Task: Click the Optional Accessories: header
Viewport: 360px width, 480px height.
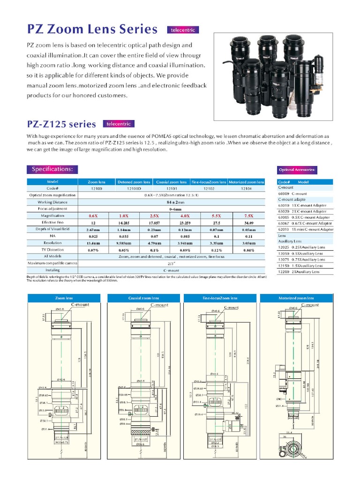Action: click(297, 170)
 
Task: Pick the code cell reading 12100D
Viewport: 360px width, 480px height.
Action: click(134, 188)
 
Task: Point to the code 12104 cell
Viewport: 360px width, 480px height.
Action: click(246, 188)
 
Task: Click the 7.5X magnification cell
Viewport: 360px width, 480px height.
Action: click(246, 216)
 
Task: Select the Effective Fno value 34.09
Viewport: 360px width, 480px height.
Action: click(246, 223)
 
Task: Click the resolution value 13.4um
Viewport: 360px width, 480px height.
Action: click(94, 243)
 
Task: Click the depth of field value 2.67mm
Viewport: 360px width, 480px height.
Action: click(94, 229)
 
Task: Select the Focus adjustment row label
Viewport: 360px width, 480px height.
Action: click(52, 209)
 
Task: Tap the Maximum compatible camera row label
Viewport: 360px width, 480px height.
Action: click(52, 263)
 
